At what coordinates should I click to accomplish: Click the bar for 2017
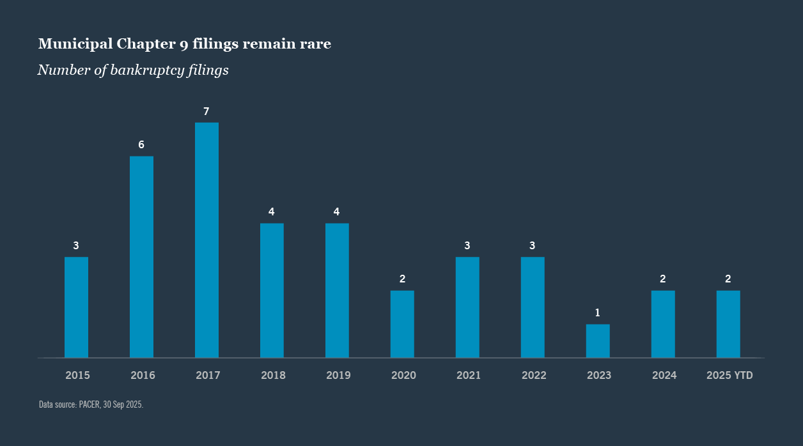(207, 240)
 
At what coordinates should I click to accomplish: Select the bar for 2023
(598, 341)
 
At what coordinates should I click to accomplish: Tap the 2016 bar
(141, 256)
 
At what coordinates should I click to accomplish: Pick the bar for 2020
(402, 324)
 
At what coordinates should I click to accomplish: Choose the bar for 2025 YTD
(728, 324)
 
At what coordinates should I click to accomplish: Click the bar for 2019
(337, 290)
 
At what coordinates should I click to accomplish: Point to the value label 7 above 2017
(207, 112)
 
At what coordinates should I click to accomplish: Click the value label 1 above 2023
(598, 313)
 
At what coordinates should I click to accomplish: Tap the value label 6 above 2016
(141, 145)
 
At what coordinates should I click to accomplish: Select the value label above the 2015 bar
(76, 245)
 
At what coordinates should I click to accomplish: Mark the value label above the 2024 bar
(663, 279)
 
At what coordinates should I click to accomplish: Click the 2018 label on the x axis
(273, 376)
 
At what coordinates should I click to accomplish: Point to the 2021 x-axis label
(469, 376)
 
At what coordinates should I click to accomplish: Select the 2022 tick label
(534, 376)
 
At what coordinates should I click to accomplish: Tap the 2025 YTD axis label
(729, 376)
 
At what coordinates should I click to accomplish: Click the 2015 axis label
(77, 376)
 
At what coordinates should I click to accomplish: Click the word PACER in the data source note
(89, 404)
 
